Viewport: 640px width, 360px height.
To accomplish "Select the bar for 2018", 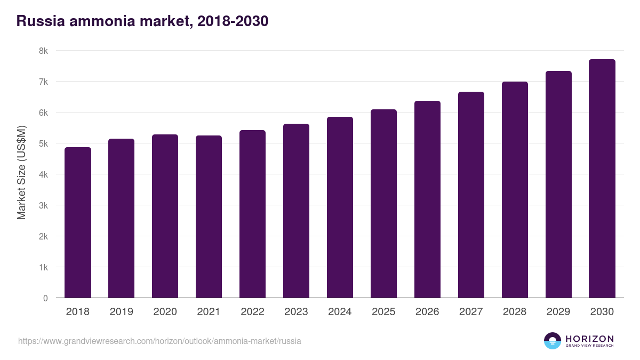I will click(78, 222).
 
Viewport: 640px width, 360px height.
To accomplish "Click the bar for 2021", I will click(209, 217).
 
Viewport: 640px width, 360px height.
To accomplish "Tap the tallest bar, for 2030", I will click(602, 179).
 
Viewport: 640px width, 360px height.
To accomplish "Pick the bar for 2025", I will click(383, 204).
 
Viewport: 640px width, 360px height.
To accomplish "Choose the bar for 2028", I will click(515, 190).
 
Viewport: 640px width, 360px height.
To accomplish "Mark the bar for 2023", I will click(296, 211).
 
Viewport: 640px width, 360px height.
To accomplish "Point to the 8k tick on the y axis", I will click(43, 51).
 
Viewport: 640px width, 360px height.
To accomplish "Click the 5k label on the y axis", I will click(43, 144).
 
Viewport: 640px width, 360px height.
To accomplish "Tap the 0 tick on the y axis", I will click(45, 298).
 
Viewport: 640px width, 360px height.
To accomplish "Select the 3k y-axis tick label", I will click(43, 205).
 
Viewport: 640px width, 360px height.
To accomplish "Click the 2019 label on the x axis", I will click(122, 312).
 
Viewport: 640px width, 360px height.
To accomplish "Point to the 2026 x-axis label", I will click(427, 312).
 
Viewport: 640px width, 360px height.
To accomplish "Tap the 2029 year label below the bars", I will click(558, 312).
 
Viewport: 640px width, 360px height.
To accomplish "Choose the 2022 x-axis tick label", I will click(252, 312).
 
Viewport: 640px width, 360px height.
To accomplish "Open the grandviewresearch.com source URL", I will click(159, 341).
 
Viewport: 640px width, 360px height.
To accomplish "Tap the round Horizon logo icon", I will click(553, 341).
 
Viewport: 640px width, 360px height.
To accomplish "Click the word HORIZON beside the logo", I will click(589, 339).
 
